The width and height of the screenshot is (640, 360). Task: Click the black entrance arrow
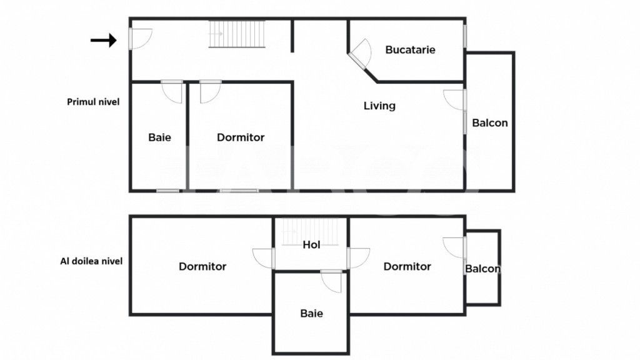(x=103, y=40)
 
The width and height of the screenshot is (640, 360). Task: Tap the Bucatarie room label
(x=410, y=50)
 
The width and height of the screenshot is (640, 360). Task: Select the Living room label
(x=379, y=106)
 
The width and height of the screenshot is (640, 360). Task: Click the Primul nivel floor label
(x=93, y=102)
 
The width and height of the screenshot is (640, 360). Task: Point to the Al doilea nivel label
(x=91, y=261)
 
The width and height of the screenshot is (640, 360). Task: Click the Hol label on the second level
(x=311, y=245)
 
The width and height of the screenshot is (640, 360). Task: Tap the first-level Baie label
(x=159, y=137)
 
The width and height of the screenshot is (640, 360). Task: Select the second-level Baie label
(x=311, y=314)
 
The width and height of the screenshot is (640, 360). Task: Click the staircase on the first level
(x=237, y=34)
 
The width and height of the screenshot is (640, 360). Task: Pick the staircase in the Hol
(x=310, y=232)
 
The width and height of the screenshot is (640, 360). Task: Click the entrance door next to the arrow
(x=140, y=39)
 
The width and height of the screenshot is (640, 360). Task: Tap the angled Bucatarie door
(x=360, y=54)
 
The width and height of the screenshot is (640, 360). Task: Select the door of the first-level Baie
(x=172, y=91)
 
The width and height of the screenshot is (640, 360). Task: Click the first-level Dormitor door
(x=210, y=91)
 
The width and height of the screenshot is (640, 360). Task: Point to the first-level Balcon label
(x=490, y=123)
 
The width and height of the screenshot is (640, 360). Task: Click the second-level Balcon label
(x=482, y=269)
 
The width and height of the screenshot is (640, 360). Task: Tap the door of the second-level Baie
(x=331, y=281)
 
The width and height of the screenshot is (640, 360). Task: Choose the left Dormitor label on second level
(x=202, y=266)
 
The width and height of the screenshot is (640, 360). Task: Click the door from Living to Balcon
(x=455, y=100)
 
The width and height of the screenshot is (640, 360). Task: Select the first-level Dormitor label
(x=241, y=137)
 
